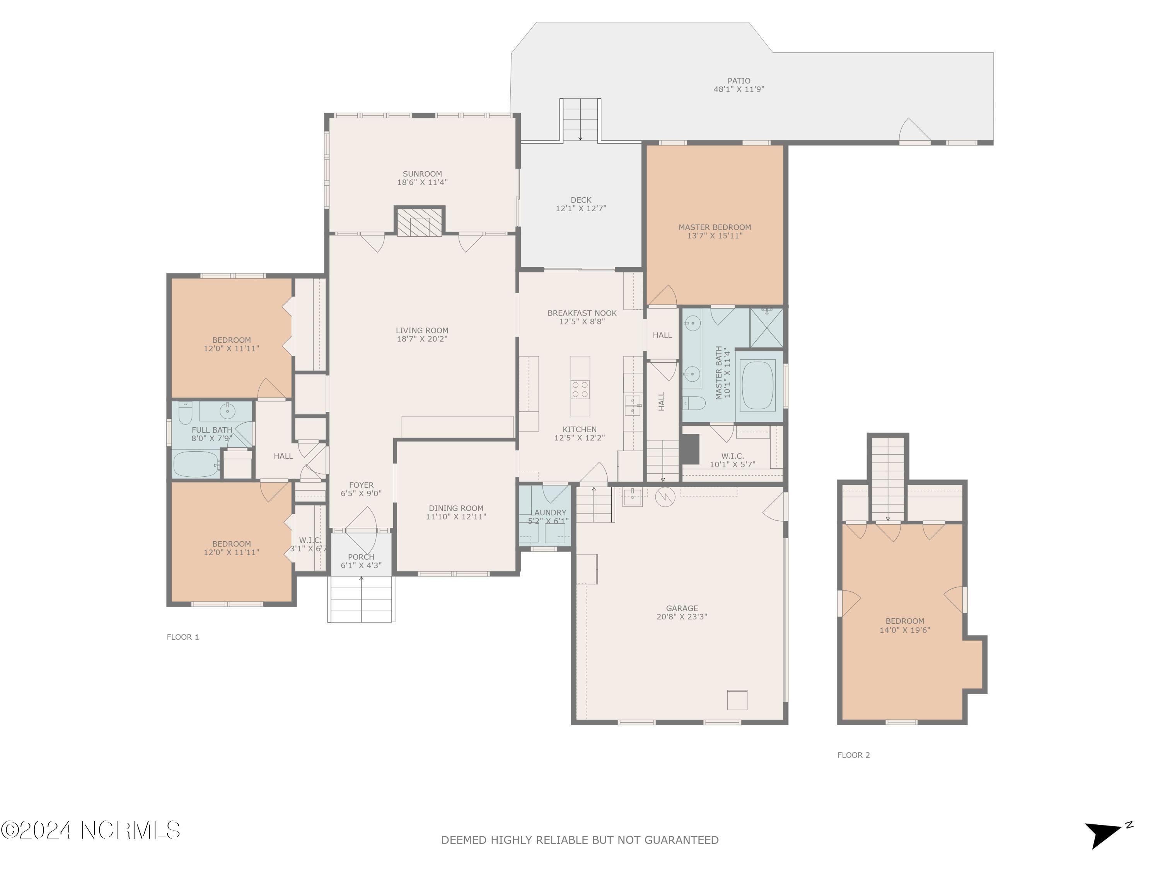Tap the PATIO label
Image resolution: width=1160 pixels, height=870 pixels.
tap(739, 81)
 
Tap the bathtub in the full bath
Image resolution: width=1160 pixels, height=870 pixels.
tap(196, 464)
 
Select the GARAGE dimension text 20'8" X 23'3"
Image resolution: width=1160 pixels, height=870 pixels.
tap(682, 617)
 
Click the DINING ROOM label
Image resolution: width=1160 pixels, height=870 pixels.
tap(456, 508)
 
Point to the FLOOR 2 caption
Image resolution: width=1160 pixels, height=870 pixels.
tap(853, 755)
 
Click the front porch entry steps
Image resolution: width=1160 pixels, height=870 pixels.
tap(361, 599)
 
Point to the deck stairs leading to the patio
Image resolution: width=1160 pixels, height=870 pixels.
tap(580, 119)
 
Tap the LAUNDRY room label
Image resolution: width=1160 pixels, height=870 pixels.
tap(548, 512)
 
